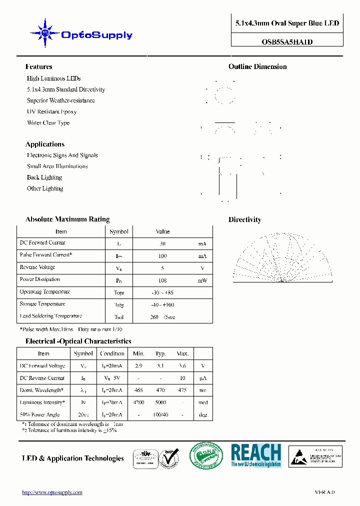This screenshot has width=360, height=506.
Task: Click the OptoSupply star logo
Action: pyautogui.click(x=45, y=33)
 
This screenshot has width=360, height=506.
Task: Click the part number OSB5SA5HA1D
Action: pyautogui.click(x=287, y=42)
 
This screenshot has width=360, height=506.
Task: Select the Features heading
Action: pyautogui.click(x=38, y=66)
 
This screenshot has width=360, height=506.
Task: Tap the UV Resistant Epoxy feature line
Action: pyautogui.click(x=51, y=112)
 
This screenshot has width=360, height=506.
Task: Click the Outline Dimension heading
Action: pyautogui.click(x=257, y=66)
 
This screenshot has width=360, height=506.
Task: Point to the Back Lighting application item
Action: pyautogui.click(x=44, y=177)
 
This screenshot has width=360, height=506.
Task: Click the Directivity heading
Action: pyautogui.click(x=244, y=219)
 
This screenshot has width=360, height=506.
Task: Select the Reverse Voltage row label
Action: pyautogui.click(x=37, y=267)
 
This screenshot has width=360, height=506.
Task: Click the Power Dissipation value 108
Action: pyautogui.click(x=162, y=280)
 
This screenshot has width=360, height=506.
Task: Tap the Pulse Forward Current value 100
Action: pyautogui.click(x=162, y=256)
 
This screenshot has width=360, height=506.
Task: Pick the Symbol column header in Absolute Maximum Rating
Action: pyautogui.click(x=119, y=231)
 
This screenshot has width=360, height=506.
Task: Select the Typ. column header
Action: pyautogui.click(x=160, y=353)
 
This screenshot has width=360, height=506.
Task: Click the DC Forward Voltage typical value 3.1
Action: pyautogui.click(x=160, y=366)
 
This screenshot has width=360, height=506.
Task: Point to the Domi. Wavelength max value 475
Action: pyautogui.click(x=182, y=390)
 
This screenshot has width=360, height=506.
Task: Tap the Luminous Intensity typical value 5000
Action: pyautogui.click(x=160, y=402)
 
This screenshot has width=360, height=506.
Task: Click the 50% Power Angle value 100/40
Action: pyautogui.click(x=160, y=415)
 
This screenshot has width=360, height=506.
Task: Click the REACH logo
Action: pyautogui.click(x=256, y=455)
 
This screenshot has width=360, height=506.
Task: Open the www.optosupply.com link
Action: pyautogui.click(x=52, y=492)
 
